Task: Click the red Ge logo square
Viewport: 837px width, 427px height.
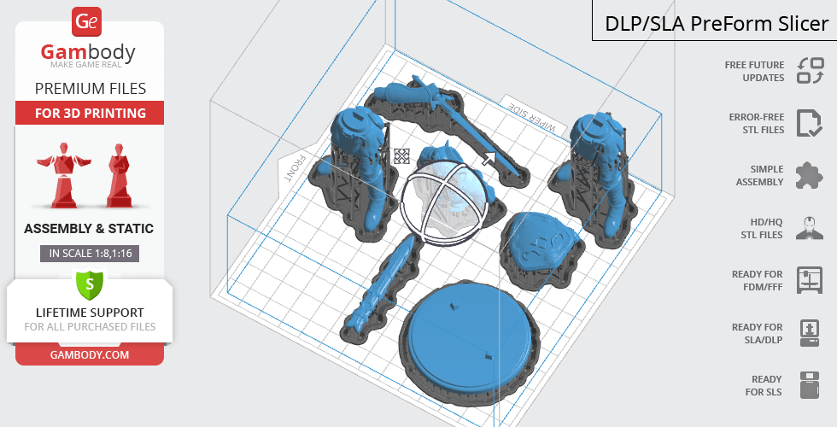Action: (x=86, y=21)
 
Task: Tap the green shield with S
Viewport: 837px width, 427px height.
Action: (x=90, y=284)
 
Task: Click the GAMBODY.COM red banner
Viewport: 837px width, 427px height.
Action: (x=90, y=355)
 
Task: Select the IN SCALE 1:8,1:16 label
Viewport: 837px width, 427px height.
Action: (x=90, y=254)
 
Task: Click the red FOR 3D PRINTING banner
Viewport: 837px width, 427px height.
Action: (x=90, y=113)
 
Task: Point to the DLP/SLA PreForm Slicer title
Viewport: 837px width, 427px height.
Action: (x=717, y=24)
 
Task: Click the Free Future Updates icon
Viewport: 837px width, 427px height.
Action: (x=811, y=70)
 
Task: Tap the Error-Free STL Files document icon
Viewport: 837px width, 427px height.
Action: (x=810, y=123)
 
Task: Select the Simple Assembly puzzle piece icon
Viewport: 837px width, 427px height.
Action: (x=810, y=176)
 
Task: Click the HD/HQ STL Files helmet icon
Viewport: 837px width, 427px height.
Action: (x=810, y=228)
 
